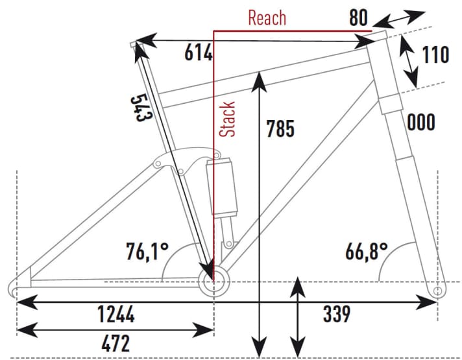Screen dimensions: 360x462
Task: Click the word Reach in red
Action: coord(267,17)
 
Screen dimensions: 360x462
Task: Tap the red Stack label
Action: coord(228,119)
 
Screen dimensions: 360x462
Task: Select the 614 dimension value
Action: coord(199,54)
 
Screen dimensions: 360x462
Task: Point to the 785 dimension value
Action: coord(280,129)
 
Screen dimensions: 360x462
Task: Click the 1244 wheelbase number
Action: coord(116,316)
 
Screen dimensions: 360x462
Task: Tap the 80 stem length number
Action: coord(359,18)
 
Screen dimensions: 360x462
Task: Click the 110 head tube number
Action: coord(435,55)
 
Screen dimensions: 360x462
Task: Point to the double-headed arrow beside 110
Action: coord(408,62)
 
